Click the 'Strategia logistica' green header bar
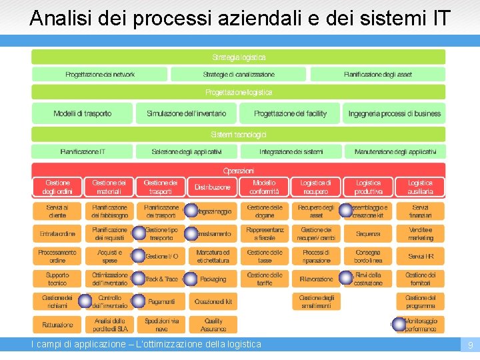[x=239, y=57]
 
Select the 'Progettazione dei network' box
[x=100, y=74]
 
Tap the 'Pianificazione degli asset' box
[x=377, y=74]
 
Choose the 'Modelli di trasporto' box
[x=82, y=113]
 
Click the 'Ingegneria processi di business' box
[x=395, y=113]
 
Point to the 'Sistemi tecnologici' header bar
[x=239, y=135]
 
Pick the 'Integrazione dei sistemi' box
[x=291, y=152]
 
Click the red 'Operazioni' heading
[x=239, y=170]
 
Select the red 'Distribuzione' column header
[x=213, y=187]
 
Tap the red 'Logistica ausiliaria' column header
[x=420, y=187]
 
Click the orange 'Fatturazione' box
[x=57, y=325]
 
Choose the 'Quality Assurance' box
[x=213, y=325]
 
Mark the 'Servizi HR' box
[x=420, y=257]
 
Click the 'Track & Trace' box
[x=162, y=279]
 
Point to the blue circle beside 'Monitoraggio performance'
[x=399, y=324]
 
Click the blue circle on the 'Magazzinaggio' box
[x=191, y=211]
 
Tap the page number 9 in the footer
[x=470, y=345]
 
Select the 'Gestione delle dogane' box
[x=265, y=211]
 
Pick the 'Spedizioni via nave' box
[x=161, y=325]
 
